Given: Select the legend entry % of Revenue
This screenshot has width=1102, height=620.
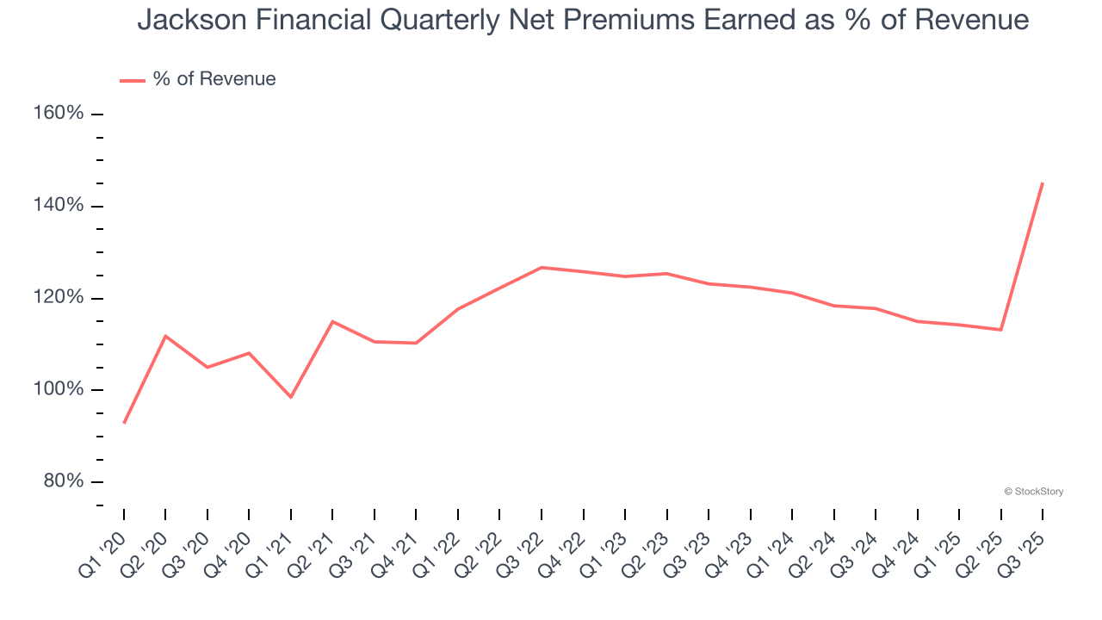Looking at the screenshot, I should [214, 79].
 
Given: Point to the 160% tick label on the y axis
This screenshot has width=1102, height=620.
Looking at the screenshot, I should [59, 114].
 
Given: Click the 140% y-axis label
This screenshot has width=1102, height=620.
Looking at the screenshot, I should [59, 206].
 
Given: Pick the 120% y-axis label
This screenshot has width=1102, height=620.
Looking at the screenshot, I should [59, 298].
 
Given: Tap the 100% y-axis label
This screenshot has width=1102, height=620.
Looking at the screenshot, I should [59, 389].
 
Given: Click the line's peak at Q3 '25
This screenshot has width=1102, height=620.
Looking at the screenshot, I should [1043, 183].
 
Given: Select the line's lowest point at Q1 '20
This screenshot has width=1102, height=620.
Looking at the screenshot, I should [124, 423].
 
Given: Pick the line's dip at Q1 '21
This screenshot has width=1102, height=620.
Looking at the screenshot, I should [291, 397].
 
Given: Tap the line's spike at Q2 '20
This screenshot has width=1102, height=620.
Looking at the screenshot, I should [165, 336].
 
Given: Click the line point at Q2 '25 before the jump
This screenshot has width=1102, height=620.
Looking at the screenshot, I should [1001, 330].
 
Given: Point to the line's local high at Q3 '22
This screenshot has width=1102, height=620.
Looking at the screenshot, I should [542, 268].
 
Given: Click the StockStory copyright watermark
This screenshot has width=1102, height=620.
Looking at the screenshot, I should [1033, 492].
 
